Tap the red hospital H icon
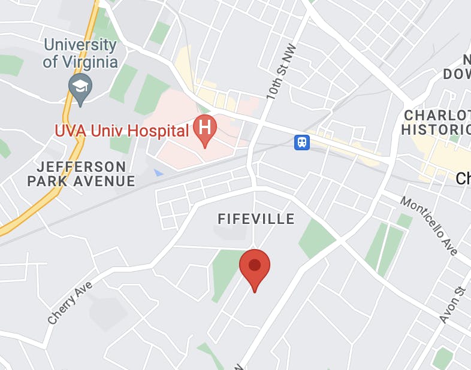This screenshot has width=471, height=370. (x=205, y=129)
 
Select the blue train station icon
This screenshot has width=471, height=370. (x=302, y=142)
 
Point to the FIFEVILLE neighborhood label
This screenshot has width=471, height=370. (x=256, y=219)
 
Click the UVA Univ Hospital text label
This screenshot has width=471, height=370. (x=122, y=129)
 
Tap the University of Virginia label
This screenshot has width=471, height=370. (x=80, y=53)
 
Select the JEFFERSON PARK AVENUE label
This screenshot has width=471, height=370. (x=81, y=174)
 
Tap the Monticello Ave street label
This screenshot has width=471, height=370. (x=429, y=226)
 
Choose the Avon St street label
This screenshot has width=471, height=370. (x=452, y=305)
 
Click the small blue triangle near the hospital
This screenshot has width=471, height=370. (x=158, y=172)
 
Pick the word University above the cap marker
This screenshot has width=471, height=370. (x=80, y=45)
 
